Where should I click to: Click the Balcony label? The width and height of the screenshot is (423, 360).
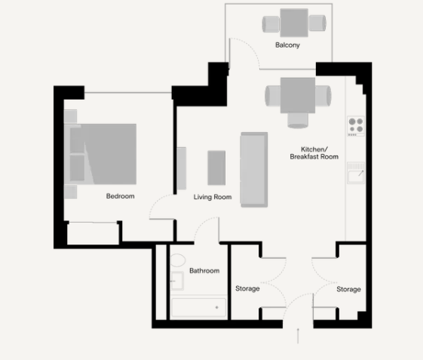(287, 45)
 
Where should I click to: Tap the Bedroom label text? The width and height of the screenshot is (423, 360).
(120, 196)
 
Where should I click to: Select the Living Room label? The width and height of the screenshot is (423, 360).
(213, 197)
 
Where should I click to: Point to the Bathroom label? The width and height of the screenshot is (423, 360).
(204, 271)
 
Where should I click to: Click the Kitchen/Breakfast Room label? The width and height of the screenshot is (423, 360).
(314, 153)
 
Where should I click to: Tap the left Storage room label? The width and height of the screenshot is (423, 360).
(247, 289)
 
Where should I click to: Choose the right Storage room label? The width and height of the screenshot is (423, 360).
(348, 290)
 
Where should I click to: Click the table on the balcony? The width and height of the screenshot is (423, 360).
(294, 23)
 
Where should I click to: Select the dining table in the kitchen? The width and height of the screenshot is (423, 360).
(298, 95)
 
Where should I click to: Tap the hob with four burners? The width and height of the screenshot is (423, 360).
(356, 126)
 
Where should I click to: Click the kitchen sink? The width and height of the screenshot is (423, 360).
(356, 173)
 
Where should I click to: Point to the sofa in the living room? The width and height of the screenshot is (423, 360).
(254, 170)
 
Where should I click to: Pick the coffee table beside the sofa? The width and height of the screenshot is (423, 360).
(216, 168)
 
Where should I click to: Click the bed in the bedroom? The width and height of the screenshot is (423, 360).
(100, 154)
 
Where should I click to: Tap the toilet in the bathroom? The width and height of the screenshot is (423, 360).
(178, 260)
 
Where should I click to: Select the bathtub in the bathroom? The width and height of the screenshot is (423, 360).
(198, 307)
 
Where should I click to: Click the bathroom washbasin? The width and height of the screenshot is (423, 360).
(177, 281)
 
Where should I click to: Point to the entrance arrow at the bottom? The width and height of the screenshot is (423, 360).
(298, 336)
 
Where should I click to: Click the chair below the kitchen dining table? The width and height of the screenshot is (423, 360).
(298, 121)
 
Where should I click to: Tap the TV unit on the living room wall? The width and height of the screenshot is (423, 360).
(182, 168)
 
